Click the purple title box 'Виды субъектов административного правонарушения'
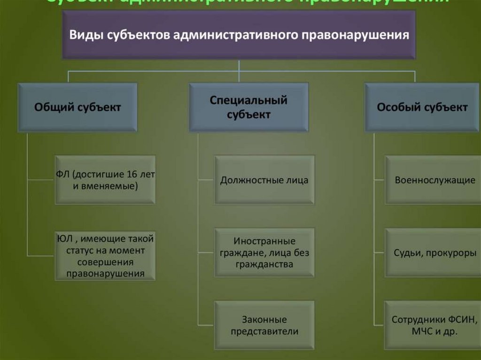coord(239,35)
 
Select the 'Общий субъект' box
coord(78,107)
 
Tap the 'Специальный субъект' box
coord(248,107)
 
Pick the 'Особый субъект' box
coord(422,107)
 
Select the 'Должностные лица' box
coord(264,180)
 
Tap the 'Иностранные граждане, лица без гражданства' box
coord(264,253)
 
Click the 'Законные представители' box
coord(264,325)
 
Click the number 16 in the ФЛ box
coord(132,174)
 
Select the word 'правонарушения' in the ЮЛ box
coord(105,273)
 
